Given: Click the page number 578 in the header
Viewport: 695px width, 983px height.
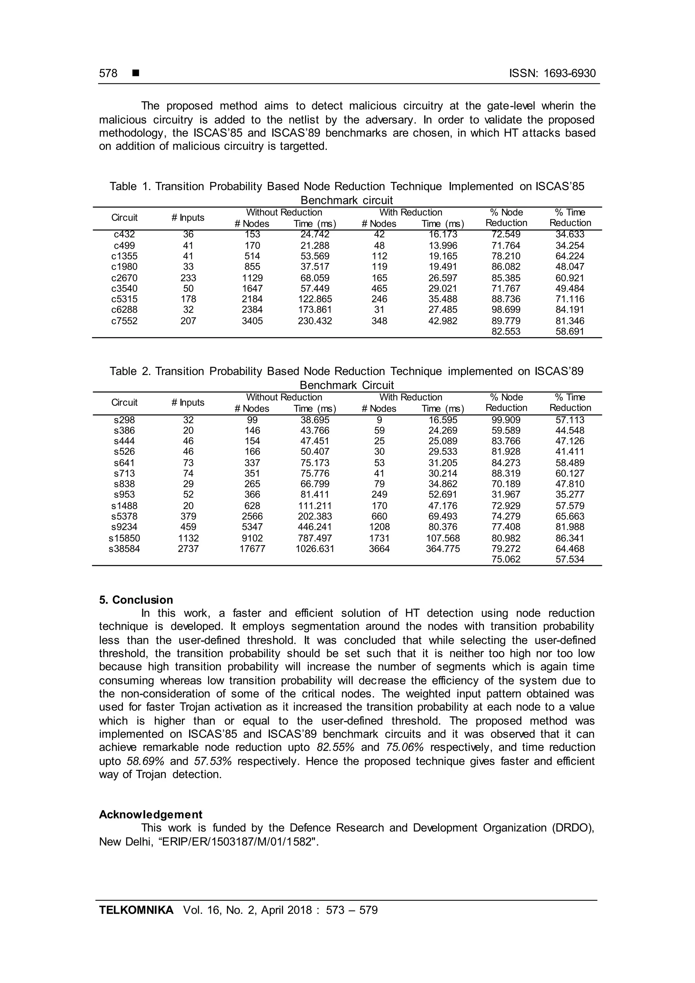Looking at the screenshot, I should coord(108,73).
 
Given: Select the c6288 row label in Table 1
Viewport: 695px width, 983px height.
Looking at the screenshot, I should coord(124,310).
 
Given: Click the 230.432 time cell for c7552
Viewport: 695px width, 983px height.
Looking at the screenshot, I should coord(315,321).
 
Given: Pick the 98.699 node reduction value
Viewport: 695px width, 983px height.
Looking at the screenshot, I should coord(506,310).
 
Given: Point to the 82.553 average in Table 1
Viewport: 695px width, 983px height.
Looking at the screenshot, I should coord(506,331).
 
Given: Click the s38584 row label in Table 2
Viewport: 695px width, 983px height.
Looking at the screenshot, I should coord(124,549).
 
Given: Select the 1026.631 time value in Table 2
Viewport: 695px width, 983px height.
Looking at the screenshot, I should coord(315,549).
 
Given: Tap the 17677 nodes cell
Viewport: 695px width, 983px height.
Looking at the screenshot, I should coord(252,549).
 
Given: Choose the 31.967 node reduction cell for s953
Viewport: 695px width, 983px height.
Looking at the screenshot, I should coord(506,495).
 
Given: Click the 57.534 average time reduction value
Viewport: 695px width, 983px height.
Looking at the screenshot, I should coord(570,559).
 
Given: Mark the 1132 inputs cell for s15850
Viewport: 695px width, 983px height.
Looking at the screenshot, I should coord(188,538).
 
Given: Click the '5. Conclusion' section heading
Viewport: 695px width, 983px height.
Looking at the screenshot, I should coord(136,600).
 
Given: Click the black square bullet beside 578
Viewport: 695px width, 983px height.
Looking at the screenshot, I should coord(136,73).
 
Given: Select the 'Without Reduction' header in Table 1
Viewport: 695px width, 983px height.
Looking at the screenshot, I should coord(284,212).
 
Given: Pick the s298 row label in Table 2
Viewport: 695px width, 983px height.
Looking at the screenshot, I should coord(124,420).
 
